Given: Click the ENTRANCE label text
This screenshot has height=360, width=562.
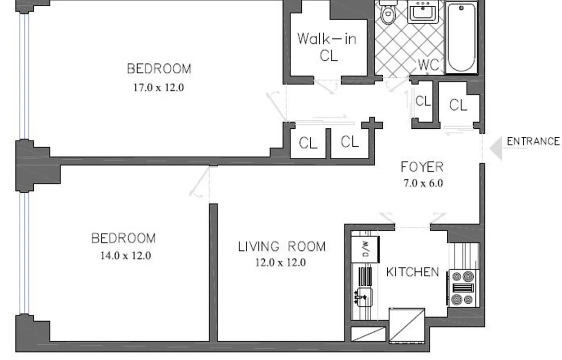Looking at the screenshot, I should click(x=533, y=141).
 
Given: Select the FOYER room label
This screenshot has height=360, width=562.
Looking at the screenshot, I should click(x=422, y=167).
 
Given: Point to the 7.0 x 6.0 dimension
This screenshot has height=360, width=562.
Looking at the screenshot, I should click(x=422, y=183).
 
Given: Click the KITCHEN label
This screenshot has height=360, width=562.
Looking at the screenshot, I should click(x=412, y=272).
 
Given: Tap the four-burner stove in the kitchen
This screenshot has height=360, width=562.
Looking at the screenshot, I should click(x=462, y=288).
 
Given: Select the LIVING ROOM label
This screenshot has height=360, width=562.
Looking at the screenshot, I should click(x=281, y=247).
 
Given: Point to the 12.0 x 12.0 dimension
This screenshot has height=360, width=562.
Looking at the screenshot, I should click(x=280, y=262).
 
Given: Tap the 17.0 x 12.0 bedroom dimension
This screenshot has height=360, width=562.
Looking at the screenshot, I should click(x=159, y=87).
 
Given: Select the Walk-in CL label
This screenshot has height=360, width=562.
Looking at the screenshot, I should click(x=327, y=47).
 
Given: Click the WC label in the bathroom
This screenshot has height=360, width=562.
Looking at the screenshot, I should click(x=428, y=64).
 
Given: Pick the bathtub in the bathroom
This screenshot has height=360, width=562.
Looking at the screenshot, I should click(x=461, y=38).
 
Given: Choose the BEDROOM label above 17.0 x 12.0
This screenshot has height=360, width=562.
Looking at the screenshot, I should click(x=159, y=69).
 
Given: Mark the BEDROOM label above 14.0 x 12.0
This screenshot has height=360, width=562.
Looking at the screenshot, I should click(x=123, y=238).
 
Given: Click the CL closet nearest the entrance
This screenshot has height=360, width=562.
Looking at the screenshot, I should click(x=458, y=105).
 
